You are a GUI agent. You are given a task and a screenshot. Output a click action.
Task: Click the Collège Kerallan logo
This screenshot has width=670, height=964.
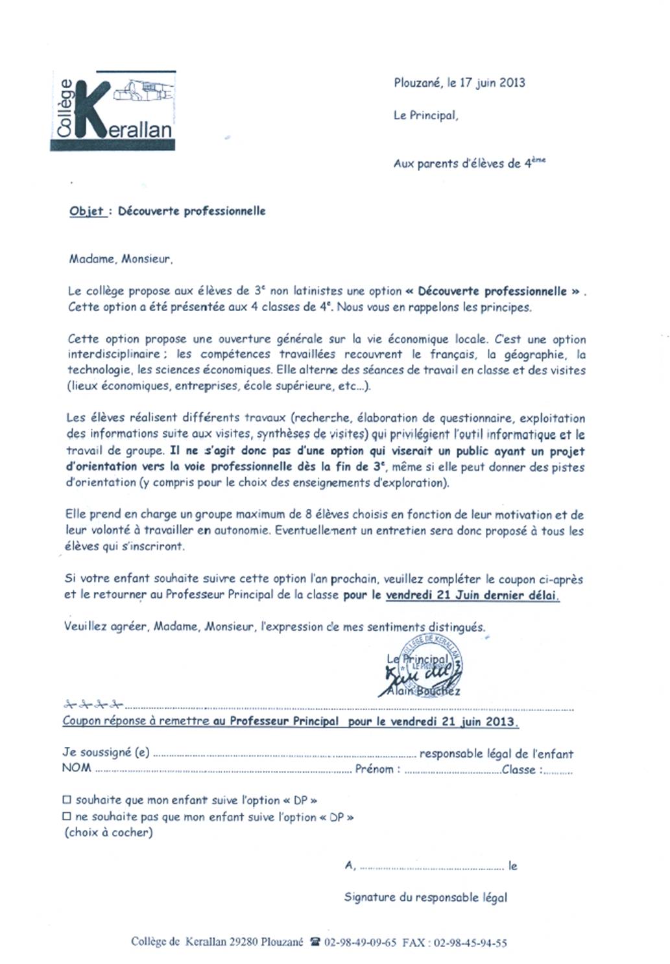click(x=113, y=111)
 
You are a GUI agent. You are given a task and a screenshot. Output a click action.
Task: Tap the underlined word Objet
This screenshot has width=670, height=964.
click(x=87, y=211)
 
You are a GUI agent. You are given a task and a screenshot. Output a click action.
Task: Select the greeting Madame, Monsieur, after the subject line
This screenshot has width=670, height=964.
click(x=121, y=259)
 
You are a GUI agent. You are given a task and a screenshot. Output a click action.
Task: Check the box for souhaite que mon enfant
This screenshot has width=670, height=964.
click(x=67, y=801)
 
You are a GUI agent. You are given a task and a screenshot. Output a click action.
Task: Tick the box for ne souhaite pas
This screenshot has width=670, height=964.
click(x=67, y=817)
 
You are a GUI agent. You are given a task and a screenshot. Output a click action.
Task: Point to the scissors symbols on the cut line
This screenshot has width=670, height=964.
click(x=93, y=704)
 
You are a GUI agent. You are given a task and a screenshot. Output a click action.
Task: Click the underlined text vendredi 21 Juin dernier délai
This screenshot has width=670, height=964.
click(x=472, y=595)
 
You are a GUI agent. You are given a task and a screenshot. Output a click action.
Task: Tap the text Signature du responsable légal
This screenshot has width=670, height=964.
click(x=425, y=897)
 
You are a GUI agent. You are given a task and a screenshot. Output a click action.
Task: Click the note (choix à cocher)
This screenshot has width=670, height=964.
click(x=108, y=832)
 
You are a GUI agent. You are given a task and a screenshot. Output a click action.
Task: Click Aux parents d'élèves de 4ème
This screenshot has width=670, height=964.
click(x=469, y=163)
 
